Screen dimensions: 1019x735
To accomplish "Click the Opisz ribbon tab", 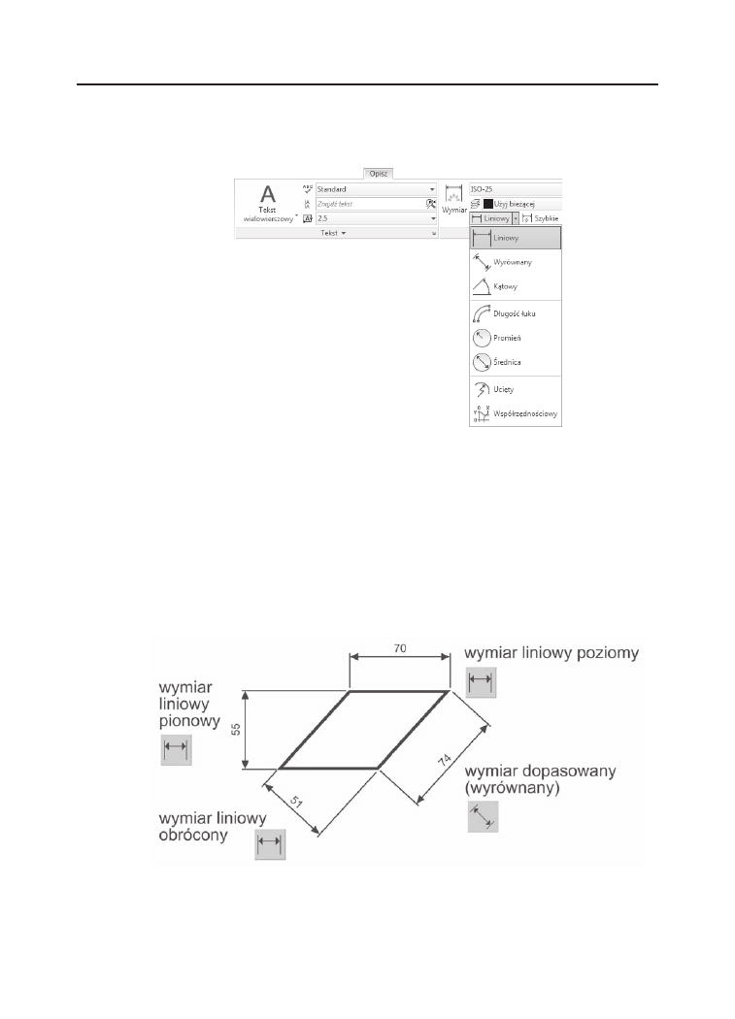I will click(x=377, y=173).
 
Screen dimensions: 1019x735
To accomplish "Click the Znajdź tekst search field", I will click(x=369, y=204).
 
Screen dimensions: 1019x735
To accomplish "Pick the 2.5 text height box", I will click(x=374, y=218).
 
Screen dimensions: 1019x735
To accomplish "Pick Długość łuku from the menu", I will click(x=515, y=314).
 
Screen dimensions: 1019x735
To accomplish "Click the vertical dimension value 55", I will click(x=235, y=728).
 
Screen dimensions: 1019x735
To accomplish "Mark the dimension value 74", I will click(x=448, y=760).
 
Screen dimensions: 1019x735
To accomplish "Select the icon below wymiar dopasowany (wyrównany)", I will click(x=482, y=817).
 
